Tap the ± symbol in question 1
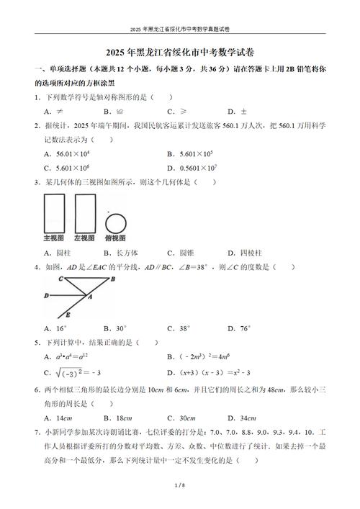242,112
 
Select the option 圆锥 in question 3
186,253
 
